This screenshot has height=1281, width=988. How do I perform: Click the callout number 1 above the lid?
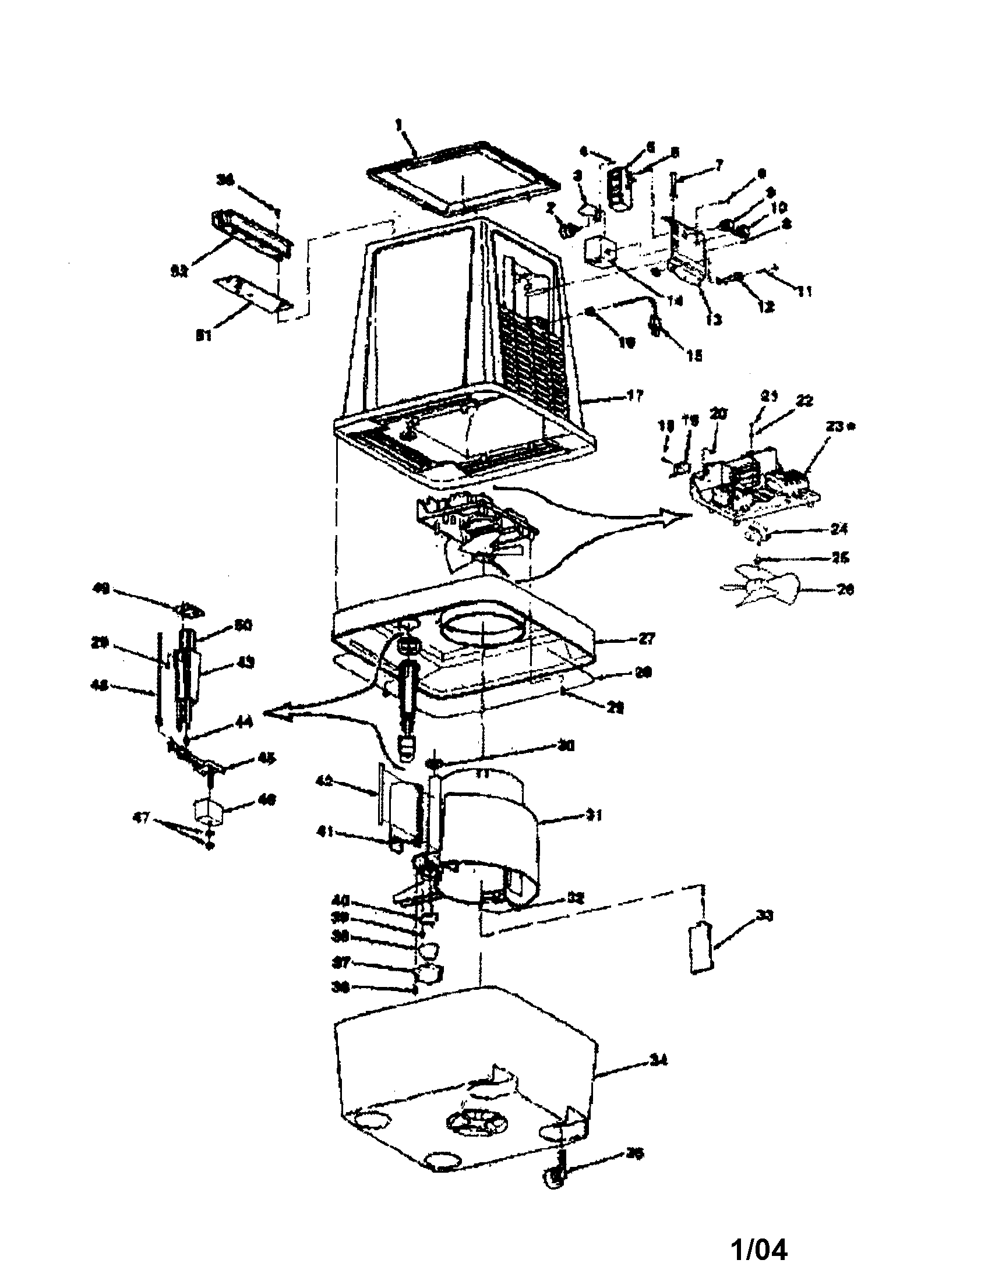(399, 125)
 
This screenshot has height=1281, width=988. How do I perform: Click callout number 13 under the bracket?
(714, 320)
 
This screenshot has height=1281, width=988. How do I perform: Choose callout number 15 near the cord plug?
(694, 355)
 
